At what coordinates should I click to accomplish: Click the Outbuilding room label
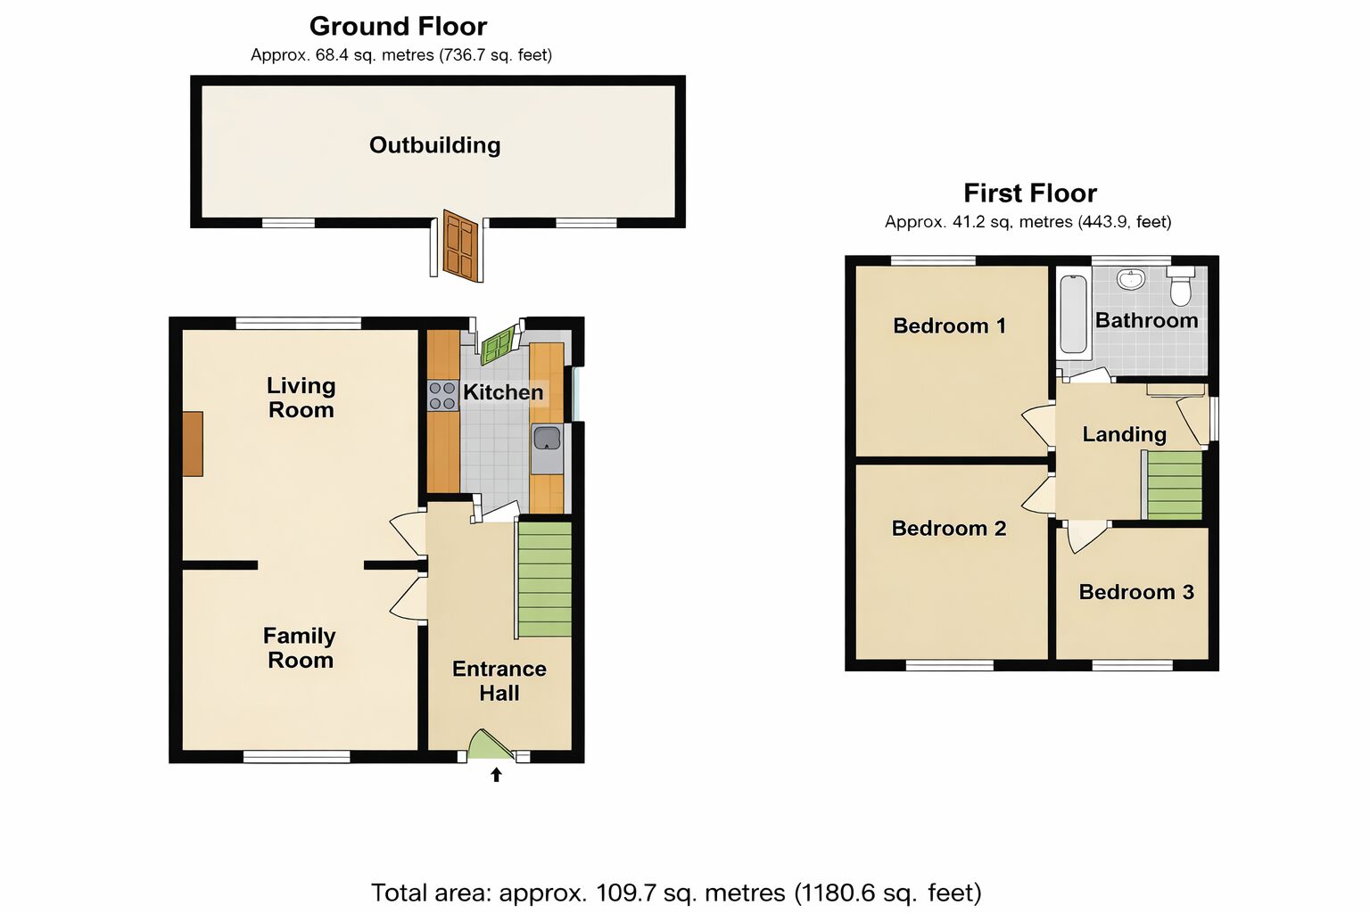pyautogui.click(x=435, y=145)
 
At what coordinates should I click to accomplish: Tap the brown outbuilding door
pyautogui.click(x=460, y=245)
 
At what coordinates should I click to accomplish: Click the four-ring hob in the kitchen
pyautogui.click(x=442, y=395)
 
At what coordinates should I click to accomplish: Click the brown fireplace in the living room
pyautogui.click(x=193, y=443)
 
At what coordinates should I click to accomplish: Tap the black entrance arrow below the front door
pyautogui.click(x=496, y=775)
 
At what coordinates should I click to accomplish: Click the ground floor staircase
pyautogui.click(x=544, y=580)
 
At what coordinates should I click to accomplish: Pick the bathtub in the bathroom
pyautogui.click(x=1073, y=315)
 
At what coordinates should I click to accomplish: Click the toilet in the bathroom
pyautogui.click(x=1180, y=285)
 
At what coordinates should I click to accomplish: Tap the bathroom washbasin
pyautogui.click(x=1131, y=279)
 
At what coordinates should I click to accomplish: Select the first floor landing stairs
pyautogui.click(x=1175, y=485)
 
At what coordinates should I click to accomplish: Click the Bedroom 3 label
pyautogui.click(x=1136, y=592)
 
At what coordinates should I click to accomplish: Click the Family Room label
pyautogui.click(x=300, y=648)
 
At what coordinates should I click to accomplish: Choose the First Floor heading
pyautogui.click(x=1030, y=193)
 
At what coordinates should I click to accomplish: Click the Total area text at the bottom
pyautogui.click(x=676, y=892)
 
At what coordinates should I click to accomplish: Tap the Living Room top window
pyautogui.click(x=299, y=323)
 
